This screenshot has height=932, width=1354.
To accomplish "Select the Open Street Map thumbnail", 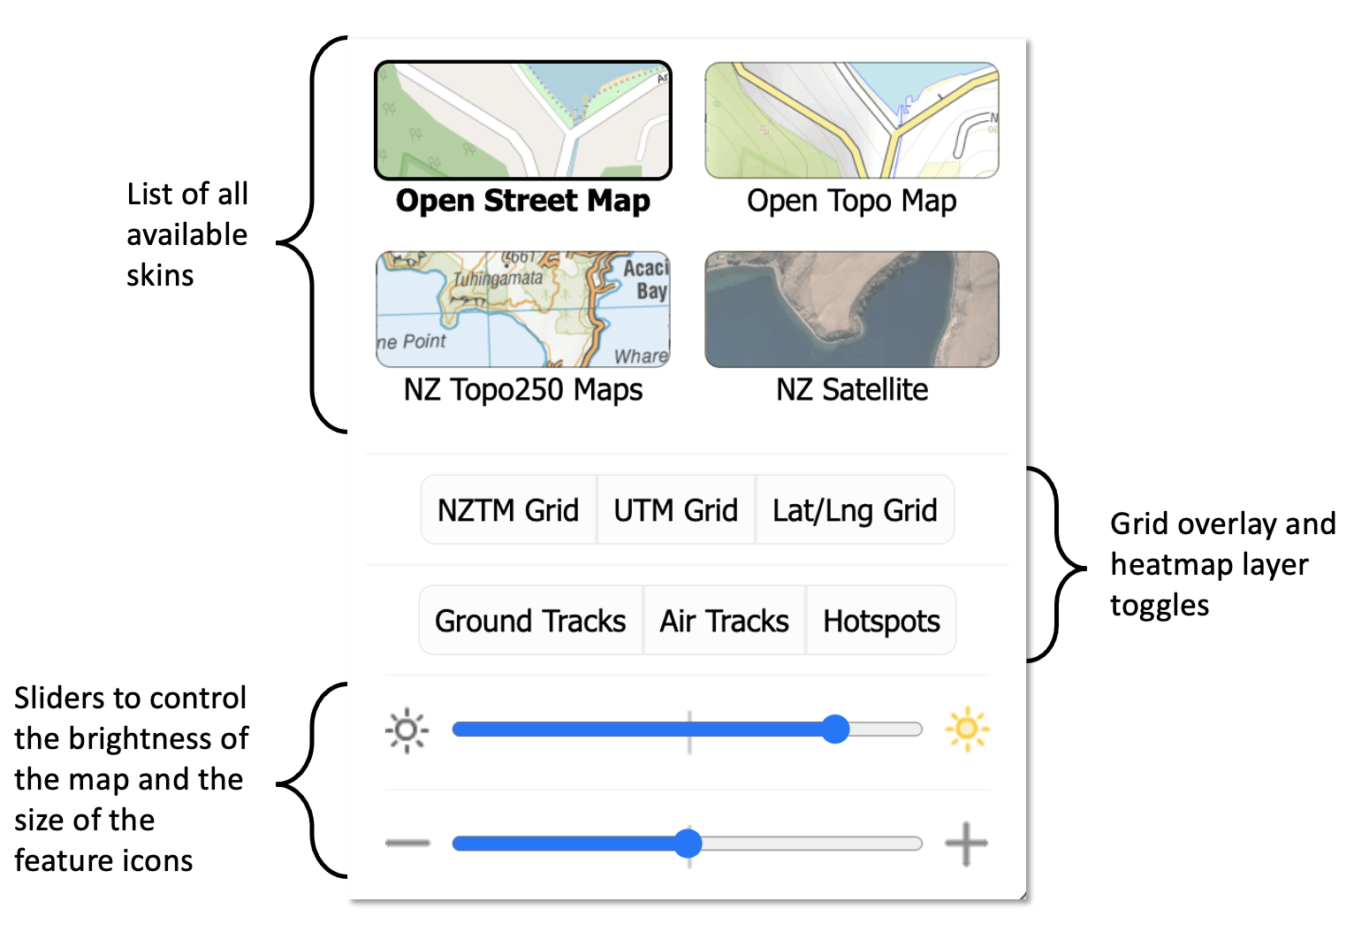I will click(x=523, y=120).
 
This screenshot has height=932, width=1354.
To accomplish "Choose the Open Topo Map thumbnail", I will click(x=852, y=120).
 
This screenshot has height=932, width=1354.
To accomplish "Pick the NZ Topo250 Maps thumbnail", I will click(x=523, y=309).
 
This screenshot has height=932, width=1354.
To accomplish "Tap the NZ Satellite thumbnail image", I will click(x=852, y=309).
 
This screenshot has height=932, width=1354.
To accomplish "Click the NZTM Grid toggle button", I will click(x=508, y=510).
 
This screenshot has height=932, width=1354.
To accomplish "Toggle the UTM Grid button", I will click(x=676, y=510).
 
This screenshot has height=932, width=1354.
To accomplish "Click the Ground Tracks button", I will click(x=530, y=621).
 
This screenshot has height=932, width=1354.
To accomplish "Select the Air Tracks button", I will click(x=724, y=621).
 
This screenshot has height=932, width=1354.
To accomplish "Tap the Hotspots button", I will click(x=881, y=621).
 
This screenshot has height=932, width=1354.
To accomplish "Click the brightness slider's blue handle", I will click(x=835, y=730).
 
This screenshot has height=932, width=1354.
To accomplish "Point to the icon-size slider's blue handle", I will click(x=688, y=843).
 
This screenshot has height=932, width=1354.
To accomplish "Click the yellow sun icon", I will click(x=967, y=730).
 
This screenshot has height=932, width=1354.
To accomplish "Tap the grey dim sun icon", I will click(x=407, y=730).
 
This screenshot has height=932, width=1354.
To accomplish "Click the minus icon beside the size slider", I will click(x=407, y=843).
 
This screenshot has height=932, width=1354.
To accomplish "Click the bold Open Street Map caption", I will click(x=523, y=202).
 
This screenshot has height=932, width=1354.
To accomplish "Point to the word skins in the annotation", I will click(x=160, y=276).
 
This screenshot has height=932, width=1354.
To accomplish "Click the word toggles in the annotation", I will click(x=1160, y=606).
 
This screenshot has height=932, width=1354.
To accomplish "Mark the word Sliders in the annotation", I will click(x=59, y=699).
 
